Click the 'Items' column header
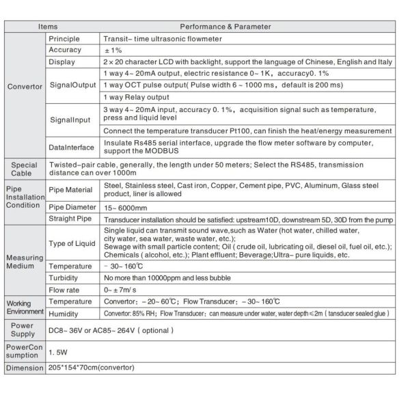[48, 27]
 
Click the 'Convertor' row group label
[25, 87]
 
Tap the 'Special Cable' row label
[25, 168]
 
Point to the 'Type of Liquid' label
[73, 244]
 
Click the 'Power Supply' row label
[25, 330]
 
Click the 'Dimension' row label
[25, 369]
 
